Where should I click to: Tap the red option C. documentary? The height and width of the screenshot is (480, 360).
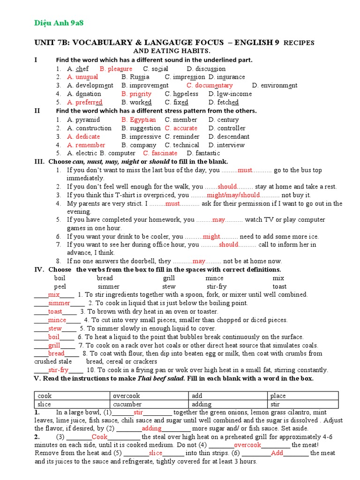[x=209, y=85]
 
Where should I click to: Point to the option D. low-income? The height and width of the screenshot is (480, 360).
[x=230, y=94]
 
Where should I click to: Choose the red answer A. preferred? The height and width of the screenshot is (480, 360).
[x=84, y=102]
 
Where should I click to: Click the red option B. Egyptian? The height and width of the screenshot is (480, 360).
[x=138, y=120]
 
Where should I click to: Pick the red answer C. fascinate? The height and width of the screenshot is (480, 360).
[x=160, y=153]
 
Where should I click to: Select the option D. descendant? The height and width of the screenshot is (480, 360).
[x=229, y=136]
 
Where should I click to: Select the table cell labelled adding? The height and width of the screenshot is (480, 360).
[x=228, y=404]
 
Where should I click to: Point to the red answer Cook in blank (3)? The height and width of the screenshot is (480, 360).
[x=99, y=437]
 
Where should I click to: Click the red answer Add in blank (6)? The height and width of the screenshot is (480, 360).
[x=277, y=453]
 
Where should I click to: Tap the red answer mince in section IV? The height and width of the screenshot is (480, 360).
[x=57, y=320]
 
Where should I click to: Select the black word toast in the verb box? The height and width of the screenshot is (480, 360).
[x=279, y=286]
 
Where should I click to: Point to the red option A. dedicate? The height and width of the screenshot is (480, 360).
[x=83, y=136]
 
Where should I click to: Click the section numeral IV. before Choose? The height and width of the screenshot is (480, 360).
[x=39, y=270]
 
